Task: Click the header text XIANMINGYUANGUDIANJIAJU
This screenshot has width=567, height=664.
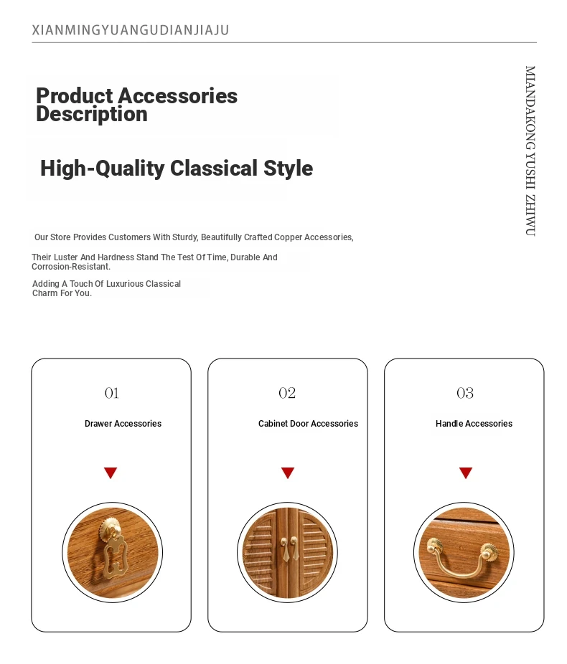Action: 131,31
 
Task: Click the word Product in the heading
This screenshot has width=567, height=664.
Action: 75,95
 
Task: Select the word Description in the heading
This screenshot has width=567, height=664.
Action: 92,114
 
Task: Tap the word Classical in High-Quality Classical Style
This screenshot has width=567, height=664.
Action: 214,168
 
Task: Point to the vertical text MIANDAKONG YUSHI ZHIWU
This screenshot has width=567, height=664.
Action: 530,151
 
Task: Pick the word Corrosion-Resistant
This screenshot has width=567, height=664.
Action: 71,267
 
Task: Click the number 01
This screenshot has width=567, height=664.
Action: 112,393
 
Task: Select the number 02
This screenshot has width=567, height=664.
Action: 287,393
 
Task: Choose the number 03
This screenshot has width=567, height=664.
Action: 465,393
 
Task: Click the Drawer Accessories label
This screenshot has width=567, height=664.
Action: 123,424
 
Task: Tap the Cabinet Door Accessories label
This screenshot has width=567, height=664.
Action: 308,424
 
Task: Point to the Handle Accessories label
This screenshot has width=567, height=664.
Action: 474,424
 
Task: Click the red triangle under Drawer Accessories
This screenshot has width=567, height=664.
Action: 111,472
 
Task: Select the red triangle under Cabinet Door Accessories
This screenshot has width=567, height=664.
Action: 288,472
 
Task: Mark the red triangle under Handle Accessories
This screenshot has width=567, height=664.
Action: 466,472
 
